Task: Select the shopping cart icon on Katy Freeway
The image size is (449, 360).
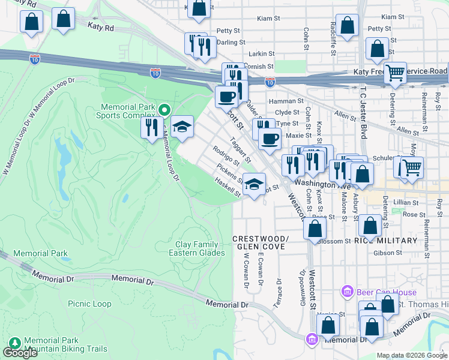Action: (395, 73)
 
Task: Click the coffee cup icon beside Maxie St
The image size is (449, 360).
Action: (270, 139)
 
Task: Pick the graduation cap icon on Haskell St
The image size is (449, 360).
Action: (255, 184)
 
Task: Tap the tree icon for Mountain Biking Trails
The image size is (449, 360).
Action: (14, 344)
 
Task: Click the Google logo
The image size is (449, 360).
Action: (20, 353)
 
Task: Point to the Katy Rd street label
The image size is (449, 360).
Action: (100, 28)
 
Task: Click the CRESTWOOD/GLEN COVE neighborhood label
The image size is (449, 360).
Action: (261, 243)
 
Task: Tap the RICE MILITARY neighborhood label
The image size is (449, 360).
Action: (385, 241)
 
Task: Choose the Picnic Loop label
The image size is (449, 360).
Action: (89, 304)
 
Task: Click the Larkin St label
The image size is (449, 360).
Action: (261, 54)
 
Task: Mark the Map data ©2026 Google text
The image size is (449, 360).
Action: (412, 355)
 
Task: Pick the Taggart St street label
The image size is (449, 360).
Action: (240, 145)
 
